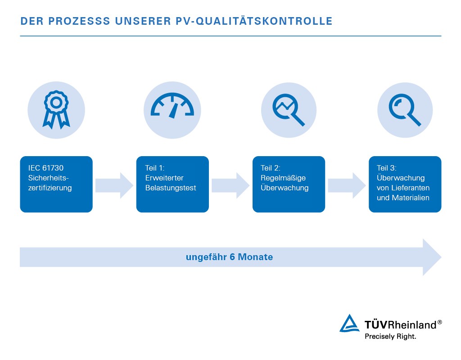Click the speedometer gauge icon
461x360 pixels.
point(172,109)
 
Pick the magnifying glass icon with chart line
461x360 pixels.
point(289,110)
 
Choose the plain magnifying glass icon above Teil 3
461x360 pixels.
point(405,110)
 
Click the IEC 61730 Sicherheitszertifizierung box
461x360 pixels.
point(56,184)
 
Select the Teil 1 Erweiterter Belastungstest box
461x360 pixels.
point(172,184)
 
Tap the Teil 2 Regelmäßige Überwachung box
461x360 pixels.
point(289,184)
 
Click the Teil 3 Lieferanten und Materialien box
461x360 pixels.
point(405,184)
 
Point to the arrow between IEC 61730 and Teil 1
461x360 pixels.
point(114,184)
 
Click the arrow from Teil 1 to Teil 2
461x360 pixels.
point(230,184)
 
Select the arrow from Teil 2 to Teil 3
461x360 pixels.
point(347,184)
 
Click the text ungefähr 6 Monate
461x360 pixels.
point(229,257)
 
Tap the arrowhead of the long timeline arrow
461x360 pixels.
point(431,257)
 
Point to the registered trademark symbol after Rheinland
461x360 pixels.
point(440,322)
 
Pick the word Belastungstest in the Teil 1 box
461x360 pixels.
point(171,188)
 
